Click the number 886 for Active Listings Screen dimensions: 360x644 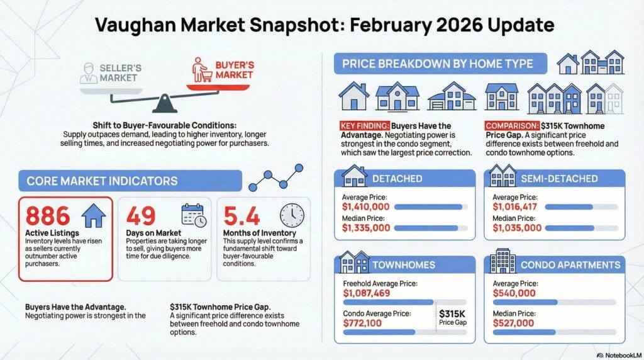click(x=48, y=216)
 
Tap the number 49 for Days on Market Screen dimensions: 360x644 click(x=141, y=217)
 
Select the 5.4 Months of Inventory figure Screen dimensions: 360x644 click(x=241, y=217)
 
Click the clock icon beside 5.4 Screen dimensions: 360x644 click(x=292, y=215)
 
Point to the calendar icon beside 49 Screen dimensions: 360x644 click(x=193, y=215)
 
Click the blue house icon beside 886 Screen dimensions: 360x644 click(x=94, y=216)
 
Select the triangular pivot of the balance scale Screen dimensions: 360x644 click(x=164, y=103)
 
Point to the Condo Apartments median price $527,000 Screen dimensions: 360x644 click(x=513, y=323)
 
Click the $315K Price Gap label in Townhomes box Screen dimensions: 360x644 click(x=453, y=317)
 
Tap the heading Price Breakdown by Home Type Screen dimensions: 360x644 click(x=437, y=64)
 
